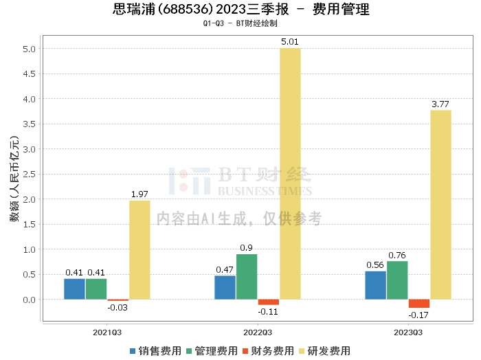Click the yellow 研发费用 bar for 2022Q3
290,174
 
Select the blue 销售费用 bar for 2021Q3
74,289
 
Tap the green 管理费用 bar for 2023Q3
397,280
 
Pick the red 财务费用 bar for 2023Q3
419,304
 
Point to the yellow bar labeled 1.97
139,250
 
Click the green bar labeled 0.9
247,277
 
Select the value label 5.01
290,42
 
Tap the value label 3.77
440,104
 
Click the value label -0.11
268,312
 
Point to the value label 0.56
375,265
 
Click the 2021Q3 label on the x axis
107,333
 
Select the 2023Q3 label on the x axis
408,333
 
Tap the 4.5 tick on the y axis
29,74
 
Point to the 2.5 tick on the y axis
29,175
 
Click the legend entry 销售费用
155,351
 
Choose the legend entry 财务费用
268,351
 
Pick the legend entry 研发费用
324,351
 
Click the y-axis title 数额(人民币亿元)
14,179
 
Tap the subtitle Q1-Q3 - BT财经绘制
240,23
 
